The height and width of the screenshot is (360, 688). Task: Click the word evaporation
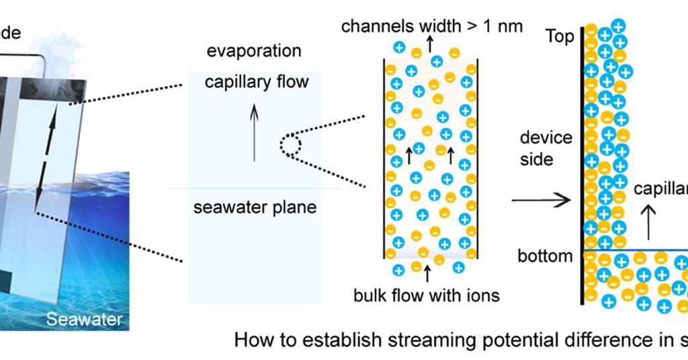click(254, 51)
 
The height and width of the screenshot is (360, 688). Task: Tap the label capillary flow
click(256, 82)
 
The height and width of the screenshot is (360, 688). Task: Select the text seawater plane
click(255, 207)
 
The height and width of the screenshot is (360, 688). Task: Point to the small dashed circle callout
click(291, 144)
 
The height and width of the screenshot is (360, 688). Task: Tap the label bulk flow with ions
click(427, 294)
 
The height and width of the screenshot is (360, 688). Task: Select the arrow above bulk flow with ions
click(426, 273)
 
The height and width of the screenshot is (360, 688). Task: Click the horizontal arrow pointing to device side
click(540, 199)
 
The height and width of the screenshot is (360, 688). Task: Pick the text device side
click(546, 148)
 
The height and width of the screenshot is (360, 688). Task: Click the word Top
click(560, 36)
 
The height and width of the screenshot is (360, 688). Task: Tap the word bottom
click(545, 256)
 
